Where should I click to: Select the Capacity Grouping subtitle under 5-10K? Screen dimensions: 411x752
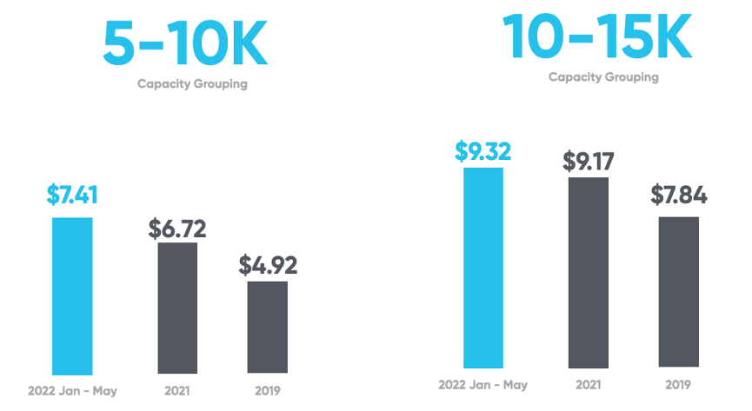point(192,84)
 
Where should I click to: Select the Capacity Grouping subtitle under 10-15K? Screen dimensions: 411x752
point(603,77)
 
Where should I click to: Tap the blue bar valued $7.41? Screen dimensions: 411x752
point(72,295)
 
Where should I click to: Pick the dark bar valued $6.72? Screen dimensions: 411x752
point(177,308)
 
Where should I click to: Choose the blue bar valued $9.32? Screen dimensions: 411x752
point(483,268)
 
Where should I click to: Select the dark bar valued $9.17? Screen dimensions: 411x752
point(589,272)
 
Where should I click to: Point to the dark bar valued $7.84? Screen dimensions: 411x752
point(679,291)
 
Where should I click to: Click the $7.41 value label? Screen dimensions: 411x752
point(72,194)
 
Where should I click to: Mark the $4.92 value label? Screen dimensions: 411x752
point(268,265)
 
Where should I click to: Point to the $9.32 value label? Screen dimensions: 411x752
point(483,150)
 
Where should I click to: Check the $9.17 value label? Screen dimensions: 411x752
point(589,162)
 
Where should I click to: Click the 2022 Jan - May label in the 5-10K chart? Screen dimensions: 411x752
point(72,391)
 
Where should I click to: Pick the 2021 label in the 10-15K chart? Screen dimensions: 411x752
point(589,384)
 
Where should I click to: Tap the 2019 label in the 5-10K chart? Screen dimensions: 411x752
point(268,391)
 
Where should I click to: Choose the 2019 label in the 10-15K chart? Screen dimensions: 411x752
point(679,384)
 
